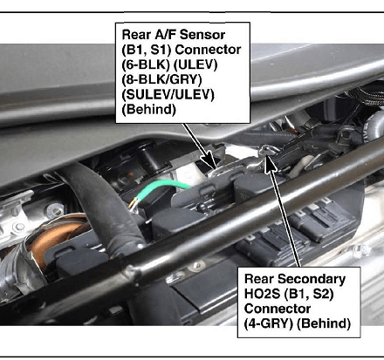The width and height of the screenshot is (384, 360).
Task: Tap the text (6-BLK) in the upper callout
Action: tap(146, 65)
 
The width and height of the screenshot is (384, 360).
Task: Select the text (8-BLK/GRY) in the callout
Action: tap(161, 79)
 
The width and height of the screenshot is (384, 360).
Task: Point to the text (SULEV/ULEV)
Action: tap(168, 95)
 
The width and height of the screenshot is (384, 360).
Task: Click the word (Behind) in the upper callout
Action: tap(149, 110)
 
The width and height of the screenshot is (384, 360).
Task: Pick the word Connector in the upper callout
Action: tap(209, 50)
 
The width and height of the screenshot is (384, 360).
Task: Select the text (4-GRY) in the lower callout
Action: tap(269, 323)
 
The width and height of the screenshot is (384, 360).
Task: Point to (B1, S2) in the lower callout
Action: tap(309, 295)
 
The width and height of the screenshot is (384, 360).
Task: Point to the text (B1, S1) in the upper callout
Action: tap(147, 50)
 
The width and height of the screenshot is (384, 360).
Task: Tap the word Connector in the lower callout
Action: tap(278, 309)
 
